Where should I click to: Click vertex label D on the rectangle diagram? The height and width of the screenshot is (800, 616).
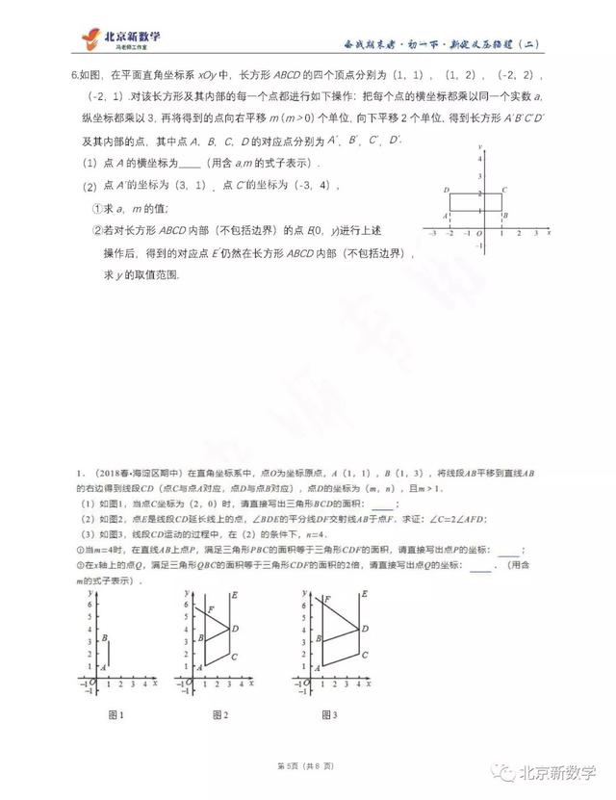click(447, 191)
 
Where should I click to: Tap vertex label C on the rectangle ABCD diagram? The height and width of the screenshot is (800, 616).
click(505, 191)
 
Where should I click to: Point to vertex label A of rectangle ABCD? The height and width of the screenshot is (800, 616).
click(446, 216)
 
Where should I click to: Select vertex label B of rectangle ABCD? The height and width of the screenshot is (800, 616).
click(505, 216)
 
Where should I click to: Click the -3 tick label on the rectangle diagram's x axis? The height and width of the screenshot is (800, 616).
click(432, 234)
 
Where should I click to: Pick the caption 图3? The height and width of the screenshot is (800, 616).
click(328, 714)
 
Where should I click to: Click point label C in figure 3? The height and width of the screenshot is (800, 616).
click(362, 655)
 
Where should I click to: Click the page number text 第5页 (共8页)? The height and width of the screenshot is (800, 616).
click(306, 765)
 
